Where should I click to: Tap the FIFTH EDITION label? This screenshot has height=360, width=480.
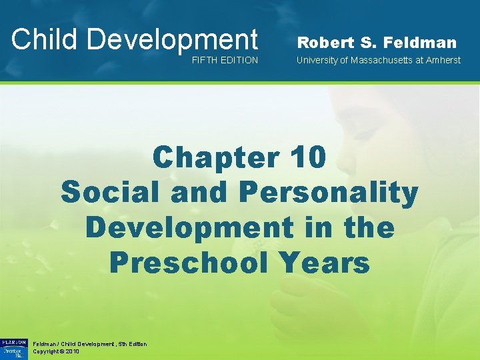tap(225, 61)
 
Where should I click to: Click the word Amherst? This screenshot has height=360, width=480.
tap(443, 61)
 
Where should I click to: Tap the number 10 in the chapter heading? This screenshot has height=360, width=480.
tap(308, 158)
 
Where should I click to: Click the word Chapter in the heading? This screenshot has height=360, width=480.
tap(215, 158)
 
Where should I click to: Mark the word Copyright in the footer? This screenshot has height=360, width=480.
tap(46, 351)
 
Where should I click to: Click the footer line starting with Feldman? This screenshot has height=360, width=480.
tap(89, 343)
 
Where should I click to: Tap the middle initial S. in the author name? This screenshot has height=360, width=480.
tap(367, 43)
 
